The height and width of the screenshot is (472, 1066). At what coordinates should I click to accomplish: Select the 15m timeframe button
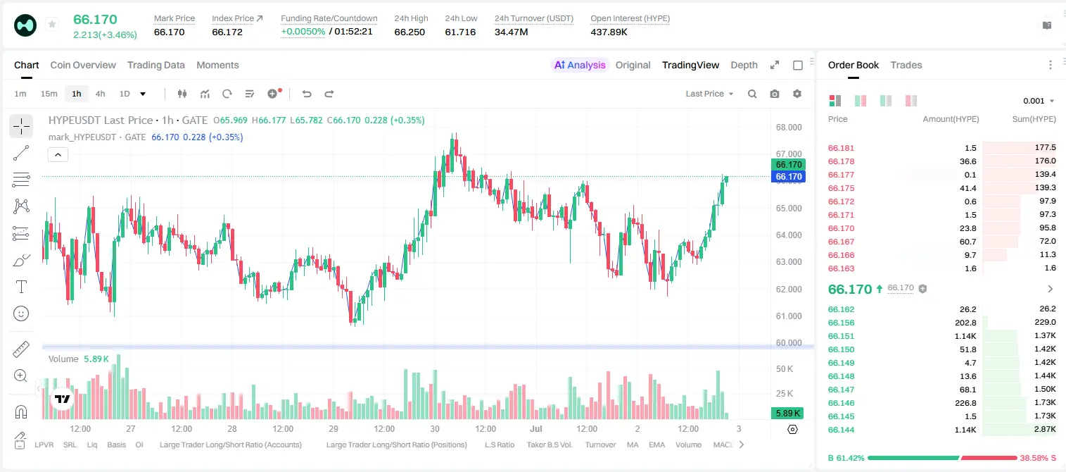click(49, 94)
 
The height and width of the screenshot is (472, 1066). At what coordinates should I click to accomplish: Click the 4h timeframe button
click(100, 94)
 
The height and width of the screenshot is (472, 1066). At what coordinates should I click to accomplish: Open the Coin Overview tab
click(83, 65)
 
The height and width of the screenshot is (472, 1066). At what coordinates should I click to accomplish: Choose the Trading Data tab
click(156, 65)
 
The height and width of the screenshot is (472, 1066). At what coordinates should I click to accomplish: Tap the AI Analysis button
click(580, 65)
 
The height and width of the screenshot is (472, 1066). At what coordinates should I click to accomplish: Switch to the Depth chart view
click(744, 65)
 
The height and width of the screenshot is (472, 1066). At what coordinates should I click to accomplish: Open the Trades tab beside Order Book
click(906, 65)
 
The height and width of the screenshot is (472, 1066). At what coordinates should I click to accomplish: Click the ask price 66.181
click(841, 148)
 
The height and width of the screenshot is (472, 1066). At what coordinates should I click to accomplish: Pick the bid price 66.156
click(841, 323)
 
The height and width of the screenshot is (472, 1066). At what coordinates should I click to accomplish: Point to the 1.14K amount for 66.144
click(965, 430)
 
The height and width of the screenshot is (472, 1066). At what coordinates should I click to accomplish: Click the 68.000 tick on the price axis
click(789, 128)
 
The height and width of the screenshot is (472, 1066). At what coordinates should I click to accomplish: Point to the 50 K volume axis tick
click(785, 368)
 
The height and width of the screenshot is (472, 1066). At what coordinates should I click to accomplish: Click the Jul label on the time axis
click(536, 428)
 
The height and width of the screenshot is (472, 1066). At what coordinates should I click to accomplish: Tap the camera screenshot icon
click(775, 94)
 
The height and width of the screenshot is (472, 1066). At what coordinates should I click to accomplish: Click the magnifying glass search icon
click(752, 94)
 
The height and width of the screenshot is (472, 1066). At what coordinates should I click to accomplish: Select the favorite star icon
click(52, 24)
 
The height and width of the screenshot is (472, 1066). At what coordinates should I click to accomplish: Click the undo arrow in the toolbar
click(307, 94)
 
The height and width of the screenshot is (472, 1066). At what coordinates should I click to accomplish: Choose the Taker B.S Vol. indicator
click(549, 445)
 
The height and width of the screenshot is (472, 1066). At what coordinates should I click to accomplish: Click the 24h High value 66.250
click(410, 32)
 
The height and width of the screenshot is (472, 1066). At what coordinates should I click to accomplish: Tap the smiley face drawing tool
click(21, 313)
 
